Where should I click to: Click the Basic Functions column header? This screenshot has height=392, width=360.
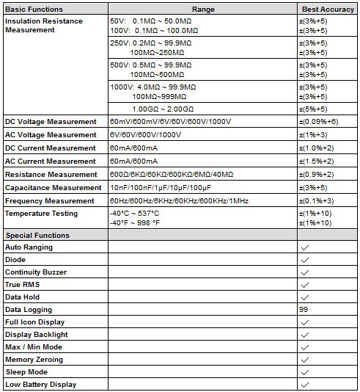tap(34, 10)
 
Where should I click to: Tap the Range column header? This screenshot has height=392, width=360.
tap(203, 10)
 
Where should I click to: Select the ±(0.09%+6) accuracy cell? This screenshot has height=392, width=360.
tap(318, 122)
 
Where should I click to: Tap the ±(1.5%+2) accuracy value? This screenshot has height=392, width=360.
tap(317, 161)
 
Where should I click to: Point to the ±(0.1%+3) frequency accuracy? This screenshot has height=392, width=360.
tap(317, 201)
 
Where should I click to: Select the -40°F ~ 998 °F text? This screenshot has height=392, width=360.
tap(134, 222)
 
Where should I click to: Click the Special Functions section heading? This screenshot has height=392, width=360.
tap(37, 236)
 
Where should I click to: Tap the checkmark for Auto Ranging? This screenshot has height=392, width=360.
tap(304, 248)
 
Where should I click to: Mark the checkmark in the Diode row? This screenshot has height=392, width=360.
tap(304, 261)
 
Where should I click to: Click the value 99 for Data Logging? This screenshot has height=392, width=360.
tap(304, 310)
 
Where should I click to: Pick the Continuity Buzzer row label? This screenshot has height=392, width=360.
tap(36, 272)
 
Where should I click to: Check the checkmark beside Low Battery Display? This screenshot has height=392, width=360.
tap(304, 385)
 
